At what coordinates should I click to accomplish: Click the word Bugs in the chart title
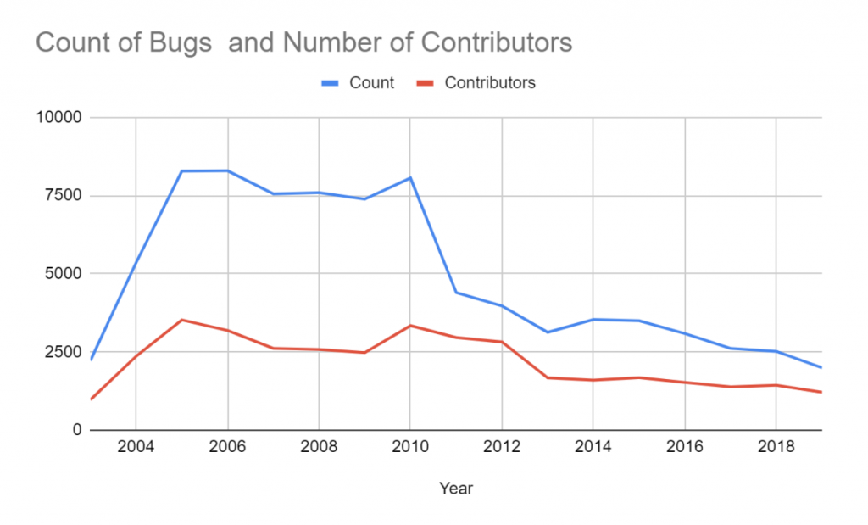tap(181, 43)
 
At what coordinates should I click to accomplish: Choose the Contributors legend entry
tap(490, 83)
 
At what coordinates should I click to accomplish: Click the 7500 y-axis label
tap(64, 196)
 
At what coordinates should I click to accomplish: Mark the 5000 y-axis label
tap(64, 274)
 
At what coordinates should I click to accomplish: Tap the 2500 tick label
tap(64, 352)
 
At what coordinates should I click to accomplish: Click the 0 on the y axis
tap(75, 430)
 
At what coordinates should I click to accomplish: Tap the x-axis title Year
tap(456, 489)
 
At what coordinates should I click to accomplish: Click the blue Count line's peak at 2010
tap(410, 177)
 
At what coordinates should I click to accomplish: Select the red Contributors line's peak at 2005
tap(181, 320)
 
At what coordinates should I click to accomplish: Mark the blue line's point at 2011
tap(456, 293)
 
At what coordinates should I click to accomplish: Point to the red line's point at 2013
tap(548, 377)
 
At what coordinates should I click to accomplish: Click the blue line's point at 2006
tap(227, 170)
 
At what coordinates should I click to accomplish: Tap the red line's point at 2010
tap(410, 326)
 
